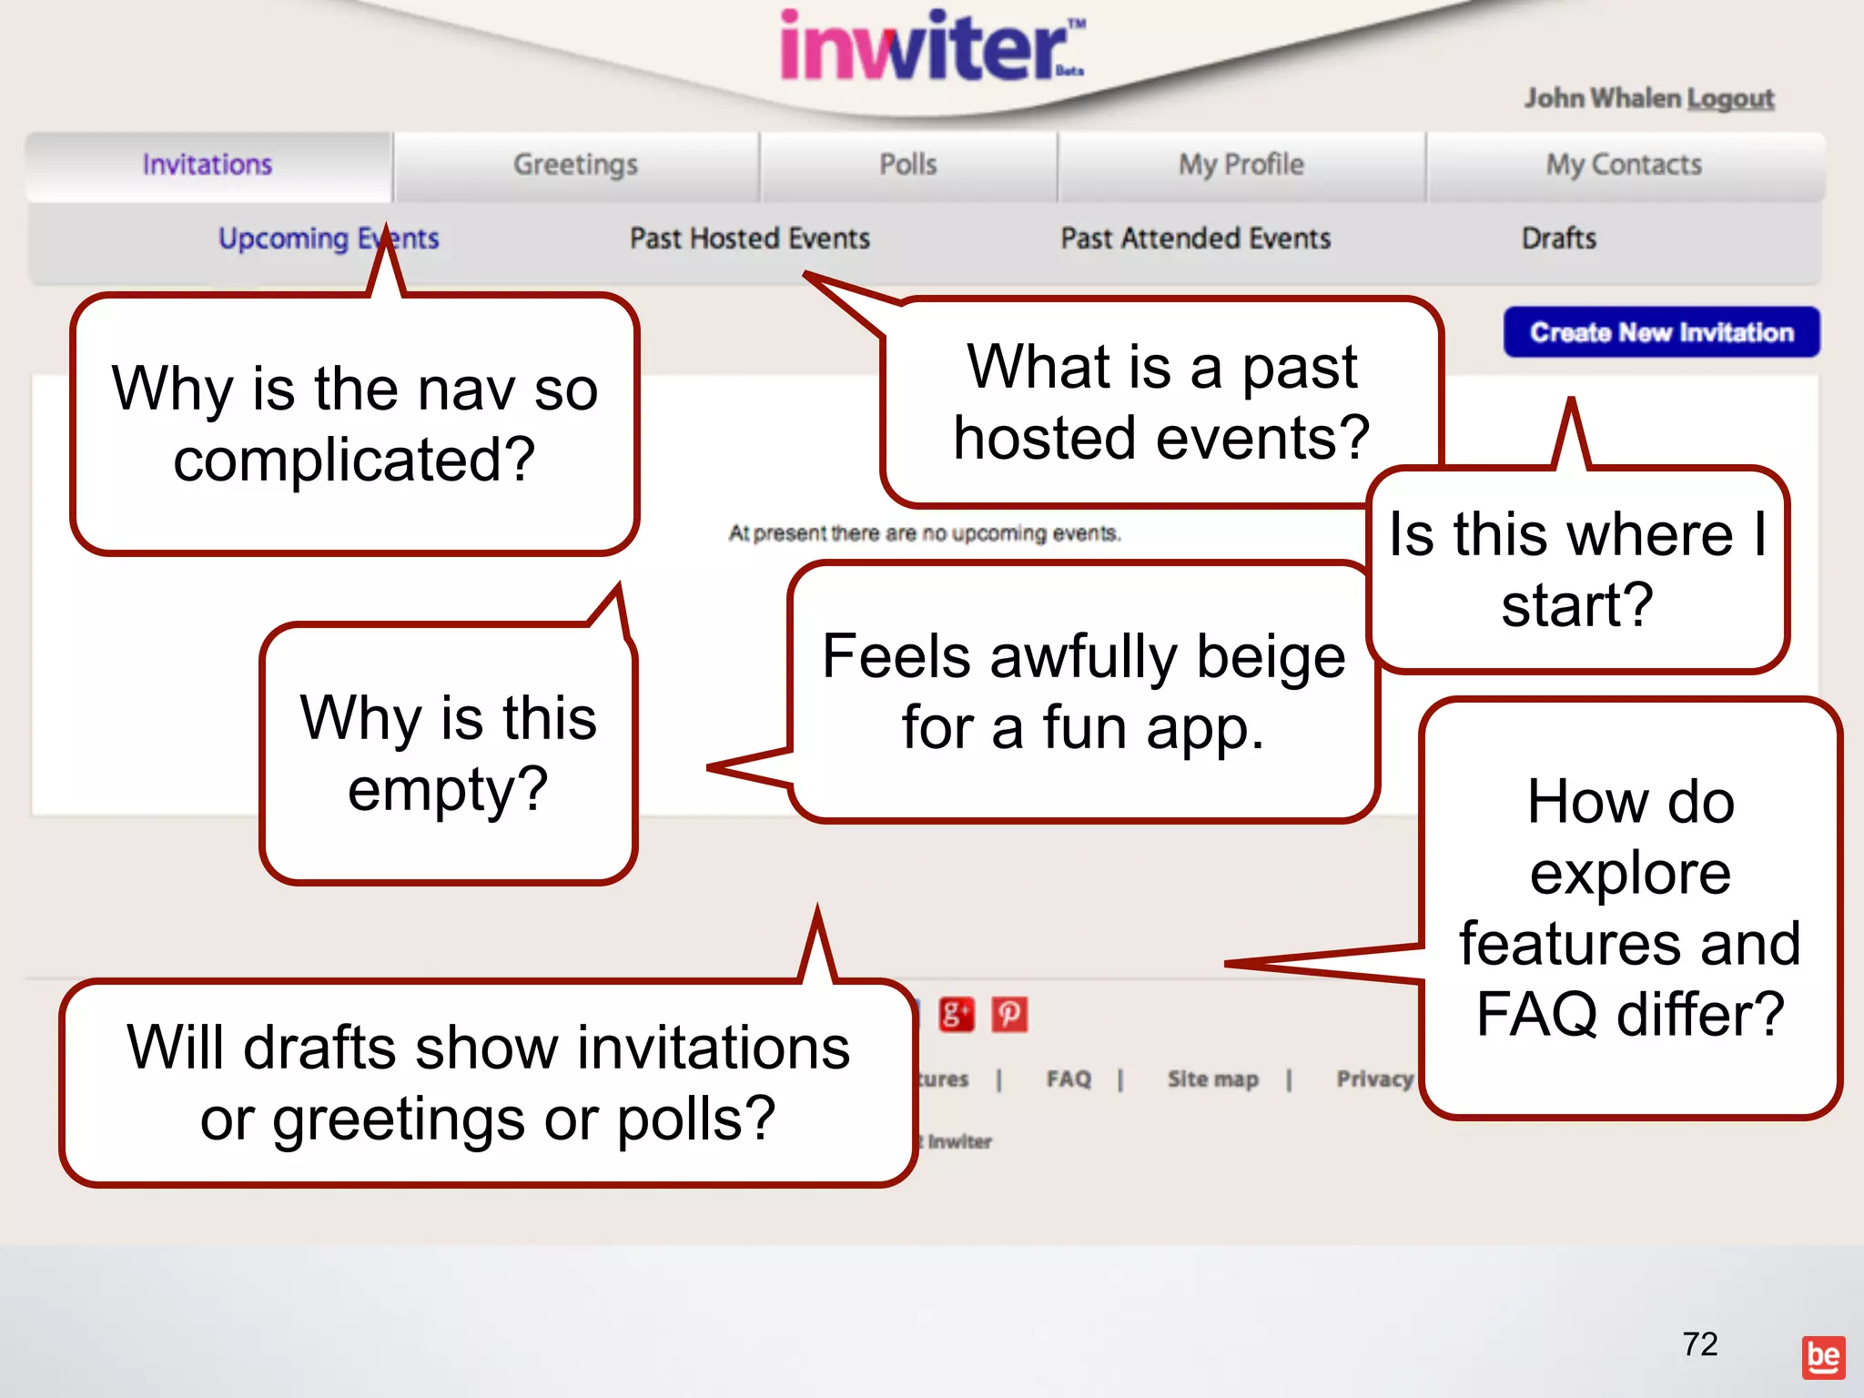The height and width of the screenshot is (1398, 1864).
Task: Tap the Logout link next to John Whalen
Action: pos(1729,98)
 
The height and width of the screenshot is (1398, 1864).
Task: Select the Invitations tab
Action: pos(208,165)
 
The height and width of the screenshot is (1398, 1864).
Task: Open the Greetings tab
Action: pos(575,165)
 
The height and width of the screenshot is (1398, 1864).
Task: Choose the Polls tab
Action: pos(907,165)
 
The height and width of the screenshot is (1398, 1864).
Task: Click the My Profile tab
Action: pos(1241,165)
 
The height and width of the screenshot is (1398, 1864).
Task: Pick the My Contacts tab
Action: pos(1624,165)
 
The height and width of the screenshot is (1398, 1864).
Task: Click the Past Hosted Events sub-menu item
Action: pos(749,238)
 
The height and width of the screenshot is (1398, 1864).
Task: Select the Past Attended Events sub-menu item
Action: pos(1195,238)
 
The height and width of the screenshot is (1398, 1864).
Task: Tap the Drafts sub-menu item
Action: pos(1558,238)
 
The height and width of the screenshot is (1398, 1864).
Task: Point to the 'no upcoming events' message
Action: pos(924,533)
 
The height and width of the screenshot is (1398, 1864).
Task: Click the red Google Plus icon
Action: pos(956,1014)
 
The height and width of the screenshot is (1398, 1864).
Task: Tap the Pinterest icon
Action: pos(1009,1014)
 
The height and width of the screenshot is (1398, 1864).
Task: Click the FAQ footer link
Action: pos(1069,1079)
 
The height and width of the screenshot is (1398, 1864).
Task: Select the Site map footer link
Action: pos(1212,1079)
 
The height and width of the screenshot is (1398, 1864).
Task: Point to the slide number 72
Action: pos(1699,1344)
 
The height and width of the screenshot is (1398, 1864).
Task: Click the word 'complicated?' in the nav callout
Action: pos(354,460)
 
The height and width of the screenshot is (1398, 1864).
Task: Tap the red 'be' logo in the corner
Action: pos(1823,1357)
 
